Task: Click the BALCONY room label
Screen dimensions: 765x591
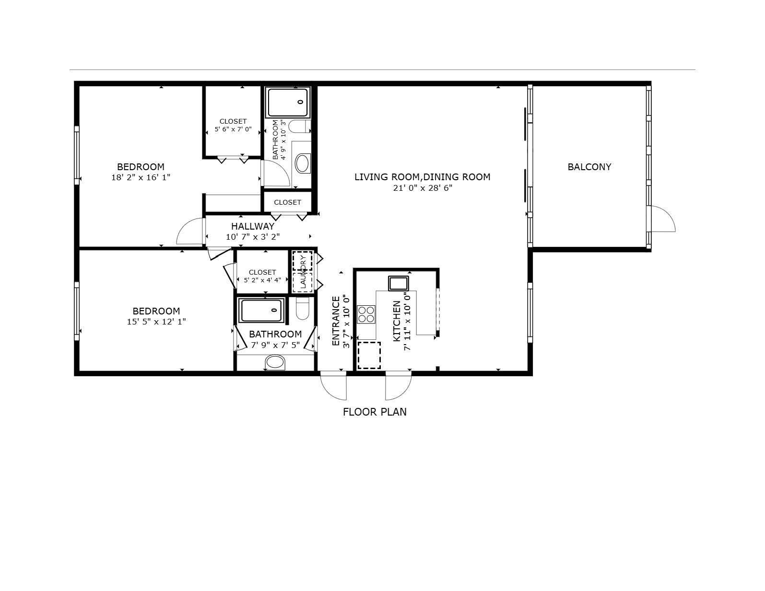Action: (x=589, y=167)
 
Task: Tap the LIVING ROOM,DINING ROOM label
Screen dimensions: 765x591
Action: (x=422, y=177)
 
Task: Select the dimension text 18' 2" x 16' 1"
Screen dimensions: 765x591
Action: (x=141, y=177)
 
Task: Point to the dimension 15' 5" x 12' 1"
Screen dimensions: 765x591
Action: (x=156, y=322)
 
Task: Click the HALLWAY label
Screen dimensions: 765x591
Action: (x=252, y=226)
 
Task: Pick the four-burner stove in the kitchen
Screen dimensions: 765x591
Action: (x=366, y=314)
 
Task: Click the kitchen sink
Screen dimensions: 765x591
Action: (x=398, y=283)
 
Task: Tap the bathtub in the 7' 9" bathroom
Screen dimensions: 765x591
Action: (x=261, y=310)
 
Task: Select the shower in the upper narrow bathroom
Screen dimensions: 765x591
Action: (x=288, y=103)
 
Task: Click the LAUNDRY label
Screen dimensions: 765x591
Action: (x=303, y=272)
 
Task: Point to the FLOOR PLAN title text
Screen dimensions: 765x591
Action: (x=375, y=412)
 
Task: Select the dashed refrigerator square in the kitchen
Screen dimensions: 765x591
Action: (x=369, y=355)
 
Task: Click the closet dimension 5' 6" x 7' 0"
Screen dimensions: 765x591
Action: (x=233, y=129)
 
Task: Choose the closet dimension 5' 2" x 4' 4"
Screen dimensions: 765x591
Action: (x=262, y=280)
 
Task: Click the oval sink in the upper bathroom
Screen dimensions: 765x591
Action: (x=303, y=163)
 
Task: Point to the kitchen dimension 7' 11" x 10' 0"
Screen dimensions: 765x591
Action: (x=407, y=321)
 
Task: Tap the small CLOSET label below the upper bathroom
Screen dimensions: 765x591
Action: (x=288, y=202)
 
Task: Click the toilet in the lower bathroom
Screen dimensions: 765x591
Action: (x=303, y=308)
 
